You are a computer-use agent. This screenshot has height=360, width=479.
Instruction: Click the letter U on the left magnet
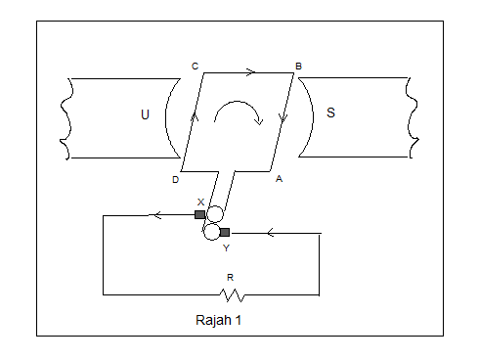[146, 113]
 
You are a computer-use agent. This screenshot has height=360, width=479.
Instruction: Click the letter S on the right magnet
[330, 112]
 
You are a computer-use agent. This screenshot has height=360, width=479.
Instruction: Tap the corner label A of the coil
[279, 179]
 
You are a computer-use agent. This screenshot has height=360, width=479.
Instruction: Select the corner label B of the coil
[298, 67]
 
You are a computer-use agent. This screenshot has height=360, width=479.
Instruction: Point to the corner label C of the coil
[195, 66]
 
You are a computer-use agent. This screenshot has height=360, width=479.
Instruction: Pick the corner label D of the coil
[175, 180]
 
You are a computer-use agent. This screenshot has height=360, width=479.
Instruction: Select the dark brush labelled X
[199, 214]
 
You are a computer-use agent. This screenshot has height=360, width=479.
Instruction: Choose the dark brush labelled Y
[225, 233]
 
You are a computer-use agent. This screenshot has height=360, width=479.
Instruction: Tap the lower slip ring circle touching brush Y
[210, 232]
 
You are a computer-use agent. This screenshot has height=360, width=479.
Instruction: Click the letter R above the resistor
[230, 278]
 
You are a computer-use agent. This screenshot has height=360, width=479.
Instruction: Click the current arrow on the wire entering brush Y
[271, 233]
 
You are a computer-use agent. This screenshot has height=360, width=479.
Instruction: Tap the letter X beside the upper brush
[200, 202]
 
